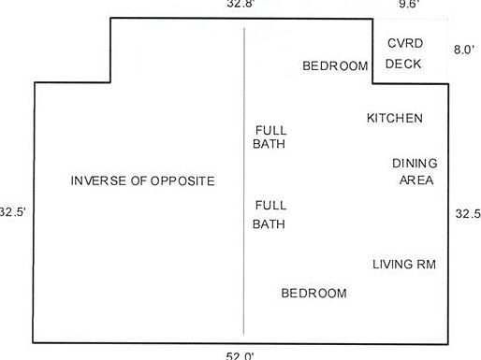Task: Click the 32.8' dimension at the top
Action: [240, 5]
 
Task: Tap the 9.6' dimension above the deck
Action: [408, 5]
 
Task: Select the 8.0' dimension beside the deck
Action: [464, 49]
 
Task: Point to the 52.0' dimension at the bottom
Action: [240, 355]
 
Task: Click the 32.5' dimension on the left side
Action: [13, 212]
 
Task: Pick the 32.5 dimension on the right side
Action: [468, 213]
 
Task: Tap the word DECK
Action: [403, 64]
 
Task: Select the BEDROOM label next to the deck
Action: [335, 65]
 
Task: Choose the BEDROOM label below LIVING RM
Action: [314, 294]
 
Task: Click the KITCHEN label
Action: [394, 119]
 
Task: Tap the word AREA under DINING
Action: [416, 180]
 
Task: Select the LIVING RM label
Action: [404, 265]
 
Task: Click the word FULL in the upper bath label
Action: [270, 130]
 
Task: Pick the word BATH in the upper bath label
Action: [270, 145]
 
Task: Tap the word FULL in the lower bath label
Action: [270, 205]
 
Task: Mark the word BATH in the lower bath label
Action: [270, 224]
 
